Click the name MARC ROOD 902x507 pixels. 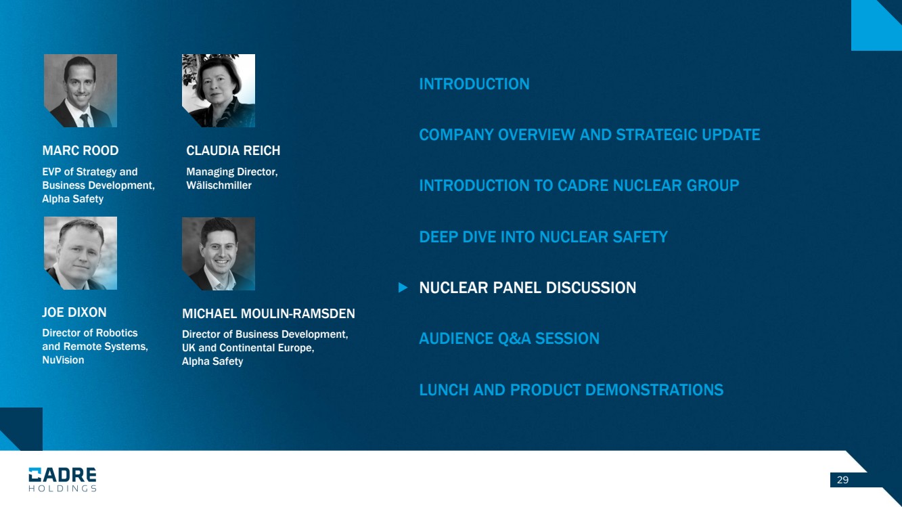[x=81, y=150]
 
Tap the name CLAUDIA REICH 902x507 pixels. [x=233, y=150]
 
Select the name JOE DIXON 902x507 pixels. [x=74, y=313]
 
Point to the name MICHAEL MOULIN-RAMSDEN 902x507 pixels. [x=269, y=313]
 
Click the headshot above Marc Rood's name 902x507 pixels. [x=81, y=91]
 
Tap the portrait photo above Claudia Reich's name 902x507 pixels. [x=219, y=91]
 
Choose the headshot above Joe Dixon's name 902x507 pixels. [x=81, y=253]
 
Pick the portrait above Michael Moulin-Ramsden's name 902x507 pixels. [x=219, y=254]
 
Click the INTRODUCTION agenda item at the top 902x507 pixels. [x=474, y=84]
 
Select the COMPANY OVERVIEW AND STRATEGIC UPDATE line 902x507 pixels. [x=589, y=135]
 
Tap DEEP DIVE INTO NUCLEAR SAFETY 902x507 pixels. [x=543, y=237]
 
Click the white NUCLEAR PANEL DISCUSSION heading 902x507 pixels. [x=528, y=288]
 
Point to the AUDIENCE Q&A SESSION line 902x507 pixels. [x=509, y=338]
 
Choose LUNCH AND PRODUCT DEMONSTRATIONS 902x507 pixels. [x=571, y=390]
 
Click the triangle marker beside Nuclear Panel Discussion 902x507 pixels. [x=403, y=288]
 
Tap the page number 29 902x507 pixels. [x=843, y=480]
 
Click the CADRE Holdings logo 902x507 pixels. [x=62, y=480]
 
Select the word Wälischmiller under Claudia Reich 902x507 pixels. [x=219, y=185]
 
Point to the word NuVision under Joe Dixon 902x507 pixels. [x=63, y=360]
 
